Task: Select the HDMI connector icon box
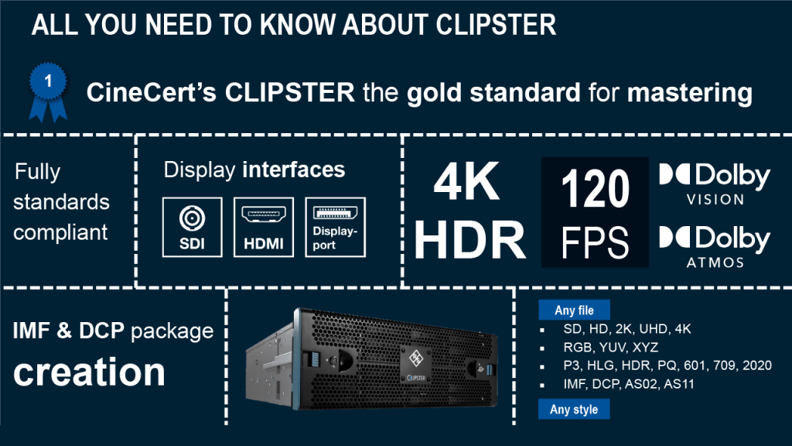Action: click(x=264, y=226)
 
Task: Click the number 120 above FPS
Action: click(x=595, y=189)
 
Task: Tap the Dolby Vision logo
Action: click(x=715, y=184)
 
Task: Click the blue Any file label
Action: click(x=575, y=310)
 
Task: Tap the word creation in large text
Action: click(x=90, y=372)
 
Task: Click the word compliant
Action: click(x=61, y=232)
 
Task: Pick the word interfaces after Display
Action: click(x=294, y=170)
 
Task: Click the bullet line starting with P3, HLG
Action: click(x=667, y=365)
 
